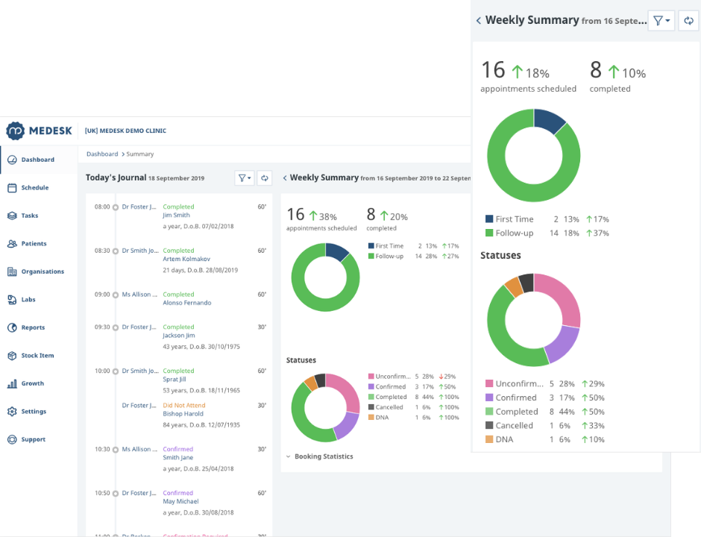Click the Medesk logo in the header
click(40, 131)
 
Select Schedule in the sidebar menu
click(34, 188)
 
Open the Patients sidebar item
click(34, 244)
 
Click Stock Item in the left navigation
click(37, 356)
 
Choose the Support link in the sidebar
click(33, 440)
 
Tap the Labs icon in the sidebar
click(12, 300)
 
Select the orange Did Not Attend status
click(183, 406)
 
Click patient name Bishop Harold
click(183, 414)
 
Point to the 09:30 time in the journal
click(102, 327)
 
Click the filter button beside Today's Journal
click(244, 178)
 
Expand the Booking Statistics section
click(323, 456)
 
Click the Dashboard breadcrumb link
click(102, 154)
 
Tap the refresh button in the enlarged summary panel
click(688, 21)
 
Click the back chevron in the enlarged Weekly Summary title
click(478, 21)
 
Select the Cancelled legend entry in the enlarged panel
click(514, 426)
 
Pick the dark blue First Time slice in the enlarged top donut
click(550, 122)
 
